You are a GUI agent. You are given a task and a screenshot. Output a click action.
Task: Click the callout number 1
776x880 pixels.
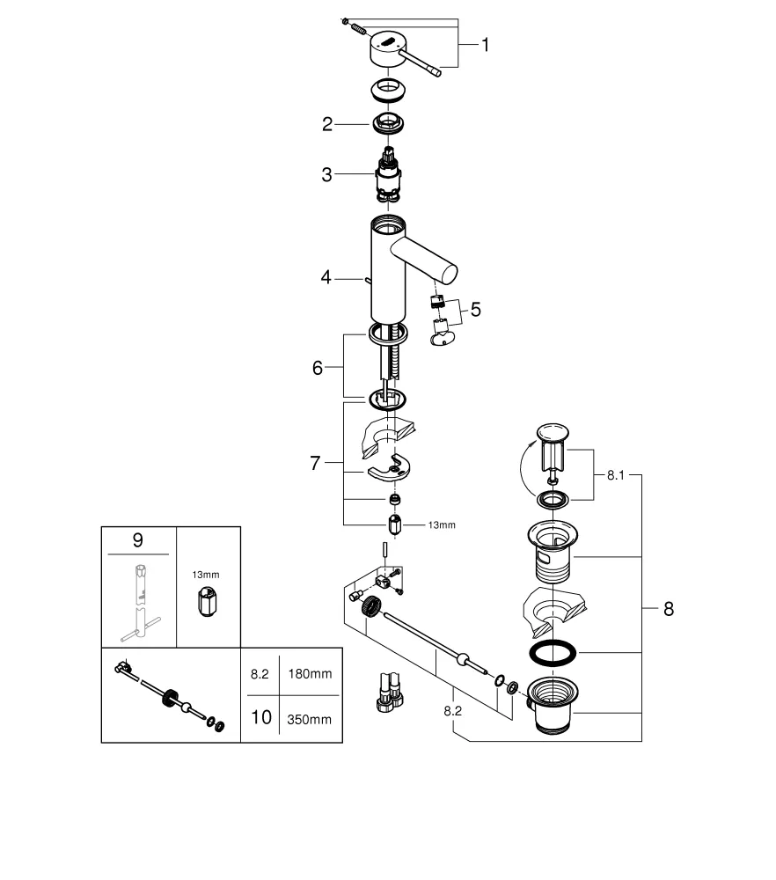click(x=484, y=45)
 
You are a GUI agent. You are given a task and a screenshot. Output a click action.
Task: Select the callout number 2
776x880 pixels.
click(x=327, y=125)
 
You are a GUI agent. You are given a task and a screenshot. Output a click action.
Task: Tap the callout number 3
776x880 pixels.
click(x=326, y=174)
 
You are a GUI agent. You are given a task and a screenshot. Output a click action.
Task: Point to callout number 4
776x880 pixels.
click(x=326, y=277)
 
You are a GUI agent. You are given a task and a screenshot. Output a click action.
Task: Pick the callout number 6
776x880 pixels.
click(x=318, y=368)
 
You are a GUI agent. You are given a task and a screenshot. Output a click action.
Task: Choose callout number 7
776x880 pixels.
click(x=315, y=463)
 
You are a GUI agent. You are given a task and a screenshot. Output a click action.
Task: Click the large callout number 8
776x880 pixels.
click(x=669, y=608)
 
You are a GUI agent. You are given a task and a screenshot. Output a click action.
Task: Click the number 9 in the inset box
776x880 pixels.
click(x=139, y=540)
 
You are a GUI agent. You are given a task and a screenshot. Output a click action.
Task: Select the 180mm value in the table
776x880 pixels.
click(x=310, y=674)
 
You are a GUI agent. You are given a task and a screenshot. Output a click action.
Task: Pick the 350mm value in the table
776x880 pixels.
click(x=310, y=718)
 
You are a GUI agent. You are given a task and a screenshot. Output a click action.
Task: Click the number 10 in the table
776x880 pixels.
click(x=260, y=717)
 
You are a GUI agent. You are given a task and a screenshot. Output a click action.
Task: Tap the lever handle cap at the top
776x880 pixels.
click(x=387, y=47)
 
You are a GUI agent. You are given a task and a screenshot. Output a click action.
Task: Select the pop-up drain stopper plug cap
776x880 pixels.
click(x=553, y=433)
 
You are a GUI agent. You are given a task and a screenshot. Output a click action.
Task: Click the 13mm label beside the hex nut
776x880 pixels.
click(x=441, y=525)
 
